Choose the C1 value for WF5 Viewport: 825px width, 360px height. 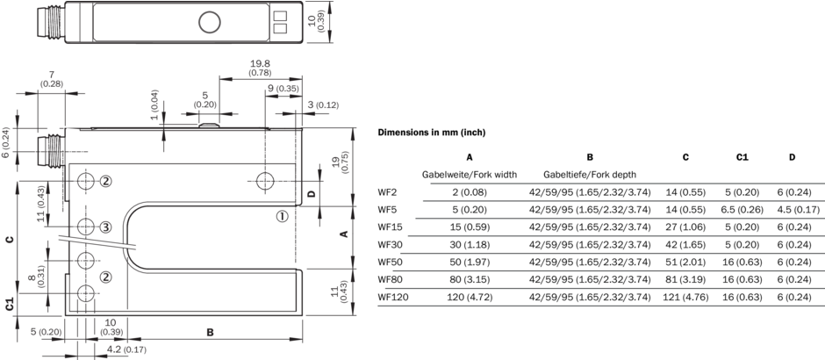(x=742, y=210)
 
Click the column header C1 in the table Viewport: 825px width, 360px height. (x=742, y=157)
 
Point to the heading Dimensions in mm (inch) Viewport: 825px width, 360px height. (x=431, y=132)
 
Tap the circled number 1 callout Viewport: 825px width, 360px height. (x=282, y=217)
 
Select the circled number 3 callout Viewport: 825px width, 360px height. (x=105, y=227)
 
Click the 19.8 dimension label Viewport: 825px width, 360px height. (x=259, y=63)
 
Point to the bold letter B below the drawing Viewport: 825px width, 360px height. (x=210, y=333)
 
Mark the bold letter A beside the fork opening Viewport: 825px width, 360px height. (x=344, y=234)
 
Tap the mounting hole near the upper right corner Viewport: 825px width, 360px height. (x=266, y=183)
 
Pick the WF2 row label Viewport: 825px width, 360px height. (x=387, y=192)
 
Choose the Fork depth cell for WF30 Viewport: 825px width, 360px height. (x=590, y=244)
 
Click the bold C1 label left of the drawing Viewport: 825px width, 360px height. (x=9, y=304)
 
